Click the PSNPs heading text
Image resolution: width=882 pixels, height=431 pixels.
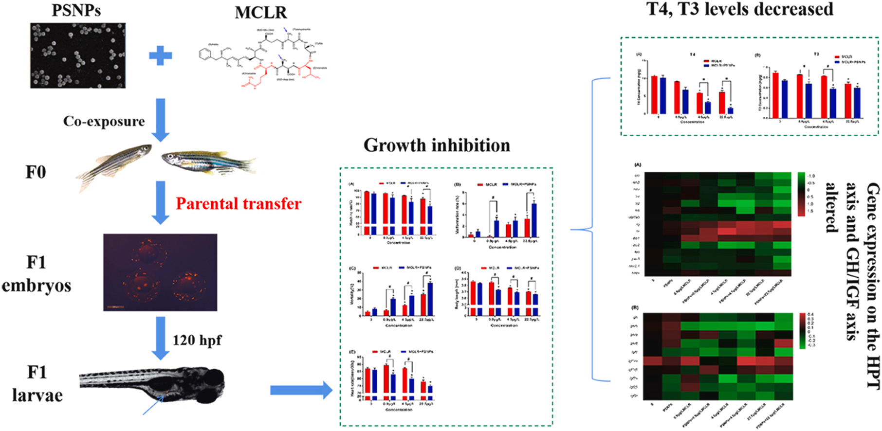point(76,10)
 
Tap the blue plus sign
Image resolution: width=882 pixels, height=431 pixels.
point(160,56)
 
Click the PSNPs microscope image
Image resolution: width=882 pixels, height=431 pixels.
point(78,55)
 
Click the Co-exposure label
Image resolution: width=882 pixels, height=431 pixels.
point(104,121)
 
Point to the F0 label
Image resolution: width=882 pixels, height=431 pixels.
point(36,172)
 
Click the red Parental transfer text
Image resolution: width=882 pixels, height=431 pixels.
point(239,203)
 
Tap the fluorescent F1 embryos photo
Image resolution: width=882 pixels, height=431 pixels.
point(160,272)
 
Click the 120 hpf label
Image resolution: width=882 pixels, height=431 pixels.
point(197,340)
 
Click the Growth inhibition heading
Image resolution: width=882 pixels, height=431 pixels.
point(437,145)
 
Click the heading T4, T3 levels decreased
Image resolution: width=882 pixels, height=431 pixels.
point(740,9)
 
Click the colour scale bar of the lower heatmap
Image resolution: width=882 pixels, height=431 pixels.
point(802,331)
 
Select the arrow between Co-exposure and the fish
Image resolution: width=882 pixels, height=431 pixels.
point(160,119)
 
